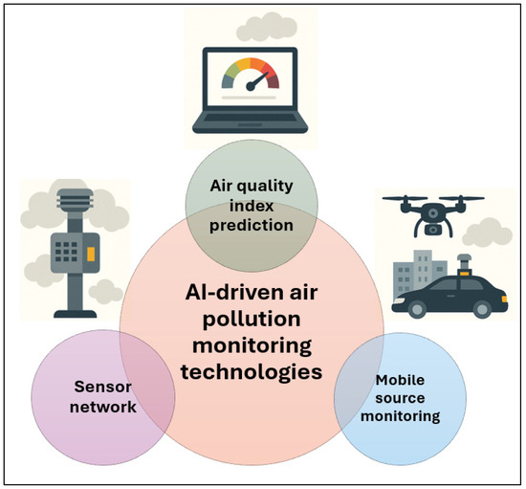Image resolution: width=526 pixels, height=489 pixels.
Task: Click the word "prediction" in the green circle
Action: point(252,226)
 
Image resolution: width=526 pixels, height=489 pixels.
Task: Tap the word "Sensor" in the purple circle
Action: point(102,387)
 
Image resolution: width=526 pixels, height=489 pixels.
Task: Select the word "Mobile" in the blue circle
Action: point(400,380)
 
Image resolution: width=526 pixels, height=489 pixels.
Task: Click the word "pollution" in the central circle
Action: point(252,321)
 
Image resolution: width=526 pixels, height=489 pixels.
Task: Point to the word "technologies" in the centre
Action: point(252,372)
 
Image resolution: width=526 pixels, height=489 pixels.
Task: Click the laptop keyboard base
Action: point(250,122)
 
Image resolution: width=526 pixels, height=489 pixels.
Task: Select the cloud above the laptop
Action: point(267,27)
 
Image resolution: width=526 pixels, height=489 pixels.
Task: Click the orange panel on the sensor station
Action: point(91,254)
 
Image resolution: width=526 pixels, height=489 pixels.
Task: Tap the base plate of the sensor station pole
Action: point(76,314)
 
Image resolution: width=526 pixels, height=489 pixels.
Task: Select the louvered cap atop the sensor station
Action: point(76,198)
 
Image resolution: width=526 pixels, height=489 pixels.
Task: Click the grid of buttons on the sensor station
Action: point(66,252)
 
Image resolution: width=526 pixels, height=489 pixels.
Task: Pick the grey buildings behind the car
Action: point(419,273)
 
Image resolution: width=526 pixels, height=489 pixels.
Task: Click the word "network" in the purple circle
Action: point(103,407)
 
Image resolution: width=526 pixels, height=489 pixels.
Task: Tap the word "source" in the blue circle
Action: point(400,398)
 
